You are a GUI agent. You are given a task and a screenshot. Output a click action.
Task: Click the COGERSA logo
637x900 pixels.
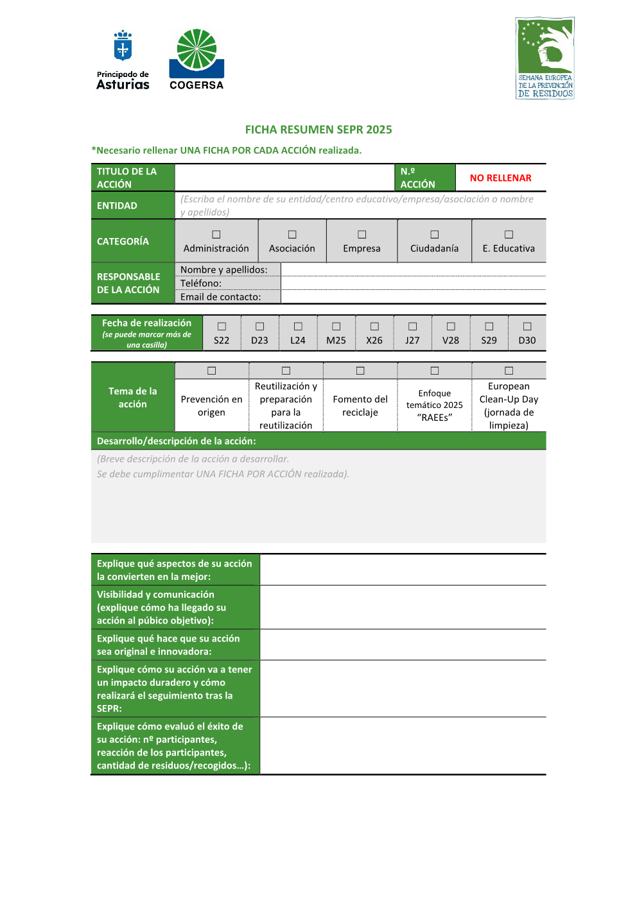(x=196, y=59)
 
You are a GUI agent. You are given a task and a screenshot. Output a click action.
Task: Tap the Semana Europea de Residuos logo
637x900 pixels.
(x=545, y=58)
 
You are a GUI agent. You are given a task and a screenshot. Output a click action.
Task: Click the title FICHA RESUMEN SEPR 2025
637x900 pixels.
(x=318, y=130)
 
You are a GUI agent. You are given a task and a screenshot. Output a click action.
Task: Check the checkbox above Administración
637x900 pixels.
(x=216, y=235)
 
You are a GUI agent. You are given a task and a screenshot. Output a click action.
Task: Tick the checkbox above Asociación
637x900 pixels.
(x=292, y=235)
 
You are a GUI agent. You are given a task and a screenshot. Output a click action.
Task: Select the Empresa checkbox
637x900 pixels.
(x=362, y=235)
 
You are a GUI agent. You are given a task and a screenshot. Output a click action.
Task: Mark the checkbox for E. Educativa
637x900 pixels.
(x=509, y=235)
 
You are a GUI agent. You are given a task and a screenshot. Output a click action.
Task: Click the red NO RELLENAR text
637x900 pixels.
(x=501, y=178)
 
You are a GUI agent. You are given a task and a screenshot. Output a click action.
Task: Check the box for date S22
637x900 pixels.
(x=222, y=327)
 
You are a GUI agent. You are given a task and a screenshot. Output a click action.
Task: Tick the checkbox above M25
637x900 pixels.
(x=336, y=327)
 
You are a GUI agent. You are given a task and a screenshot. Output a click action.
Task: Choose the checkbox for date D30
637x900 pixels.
(x=527, y=327)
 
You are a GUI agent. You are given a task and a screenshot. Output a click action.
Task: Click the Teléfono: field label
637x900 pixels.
(x=201, y=284)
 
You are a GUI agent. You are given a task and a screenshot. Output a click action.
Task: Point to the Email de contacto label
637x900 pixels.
(x=221, y=297)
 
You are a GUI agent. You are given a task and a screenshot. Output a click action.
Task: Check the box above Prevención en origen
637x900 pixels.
(x=212, y=371)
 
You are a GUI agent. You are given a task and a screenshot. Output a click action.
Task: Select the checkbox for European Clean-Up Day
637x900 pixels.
(x=509, y=371)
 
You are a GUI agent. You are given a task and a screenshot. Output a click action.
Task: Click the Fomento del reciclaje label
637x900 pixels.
(x=360, y=405)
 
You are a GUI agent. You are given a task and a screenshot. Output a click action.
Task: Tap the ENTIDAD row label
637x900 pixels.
(x=117, y=206)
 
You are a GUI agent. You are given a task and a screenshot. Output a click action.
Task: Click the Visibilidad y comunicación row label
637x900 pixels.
(x=161, y=607)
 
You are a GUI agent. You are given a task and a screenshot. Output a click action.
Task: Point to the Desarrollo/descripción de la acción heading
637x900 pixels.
(x=177, y=441)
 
